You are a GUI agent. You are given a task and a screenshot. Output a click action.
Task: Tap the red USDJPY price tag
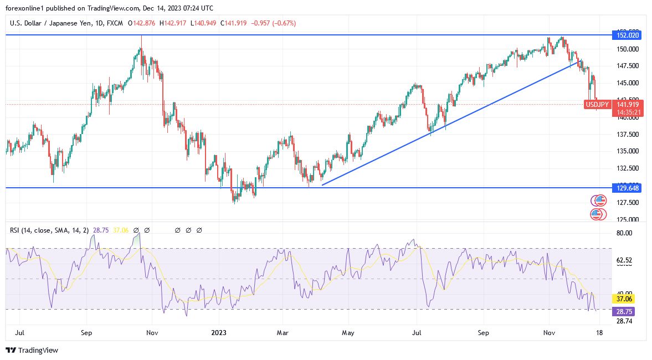tap(597, 104)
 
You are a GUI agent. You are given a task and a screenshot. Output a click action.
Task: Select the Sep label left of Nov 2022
tap(86, 333)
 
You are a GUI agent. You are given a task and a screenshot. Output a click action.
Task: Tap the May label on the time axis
tap(348, 333)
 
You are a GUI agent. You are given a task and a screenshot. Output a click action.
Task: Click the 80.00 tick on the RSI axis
tap(624, 233)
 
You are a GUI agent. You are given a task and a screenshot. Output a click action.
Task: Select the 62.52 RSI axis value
tap(624, 260)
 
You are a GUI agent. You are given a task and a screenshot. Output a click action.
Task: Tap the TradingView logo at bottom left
tap(32, 350)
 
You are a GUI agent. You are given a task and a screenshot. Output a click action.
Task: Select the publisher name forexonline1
tap(25, 8)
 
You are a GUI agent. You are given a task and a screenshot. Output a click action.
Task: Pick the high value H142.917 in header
tap(173, 23)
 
